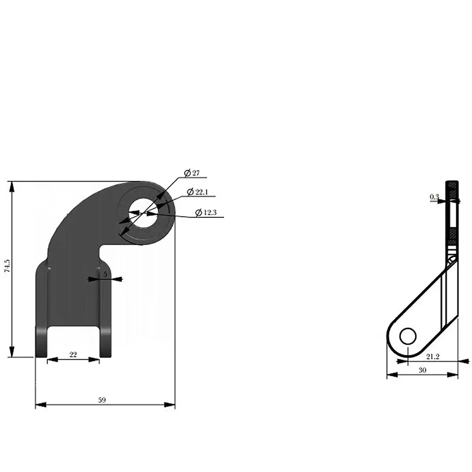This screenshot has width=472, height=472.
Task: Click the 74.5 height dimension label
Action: coord(7,266)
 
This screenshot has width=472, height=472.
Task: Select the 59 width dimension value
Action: coord(102,400)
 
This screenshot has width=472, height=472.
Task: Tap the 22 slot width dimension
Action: coord(73,355)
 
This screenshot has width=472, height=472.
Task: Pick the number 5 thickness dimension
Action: coord(105,274)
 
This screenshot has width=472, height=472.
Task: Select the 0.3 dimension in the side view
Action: coord(434,197)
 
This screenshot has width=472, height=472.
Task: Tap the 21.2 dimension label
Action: coord(433,356)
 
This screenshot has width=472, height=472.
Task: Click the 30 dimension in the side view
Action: coord(422,370)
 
